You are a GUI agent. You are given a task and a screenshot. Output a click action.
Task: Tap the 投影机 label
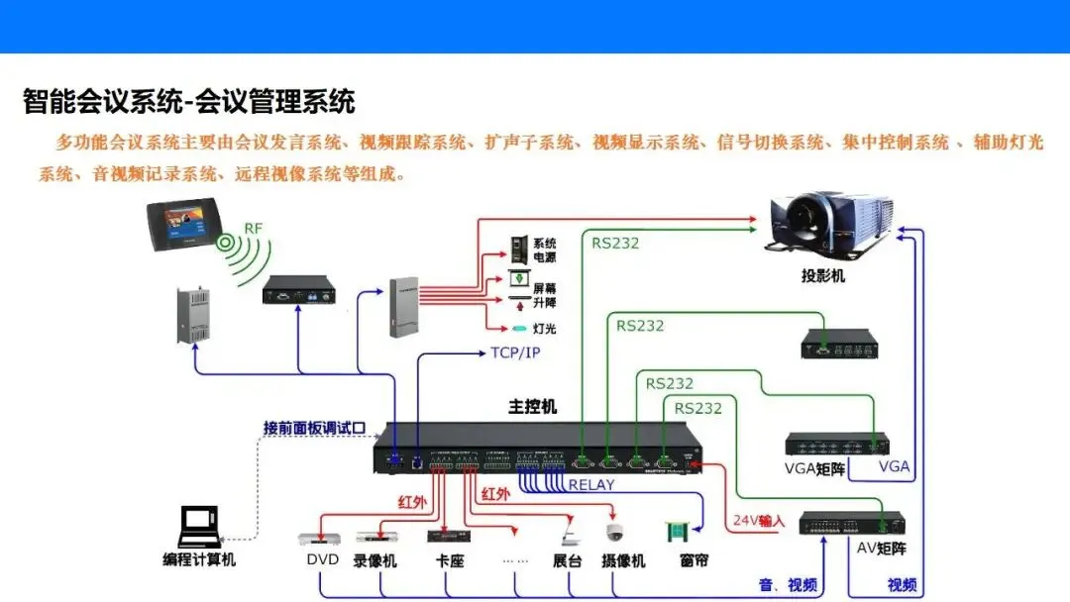click(x=823, y=276)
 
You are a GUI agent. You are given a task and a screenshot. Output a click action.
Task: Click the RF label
click(x=254, y=229)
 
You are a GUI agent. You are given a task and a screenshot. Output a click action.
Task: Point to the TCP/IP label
click(x=515, y=352)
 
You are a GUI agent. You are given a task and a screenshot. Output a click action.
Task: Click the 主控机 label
click(x=533, y=407)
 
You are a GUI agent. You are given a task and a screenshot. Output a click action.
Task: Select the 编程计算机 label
click(x=199, y=560)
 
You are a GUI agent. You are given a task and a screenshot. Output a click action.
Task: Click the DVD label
click(x=322, y=560)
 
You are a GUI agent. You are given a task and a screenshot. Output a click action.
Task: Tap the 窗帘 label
click(x=694, y=560)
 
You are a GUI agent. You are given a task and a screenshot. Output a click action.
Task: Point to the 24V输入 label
click(x=759, y=520)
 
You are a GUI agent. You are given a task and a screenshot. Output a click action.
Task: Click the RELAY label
click(x=591, y=485)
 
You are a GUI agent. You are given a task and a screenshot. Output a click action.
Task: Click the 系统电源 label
click(x=545, y=250)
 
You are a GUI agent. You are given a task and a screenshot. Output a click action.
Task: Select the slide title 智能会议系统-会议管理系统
click(x=188, y=101)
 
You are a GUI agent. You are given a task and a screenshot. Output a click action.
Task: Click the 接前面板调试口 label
click(x=314, y=428)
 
